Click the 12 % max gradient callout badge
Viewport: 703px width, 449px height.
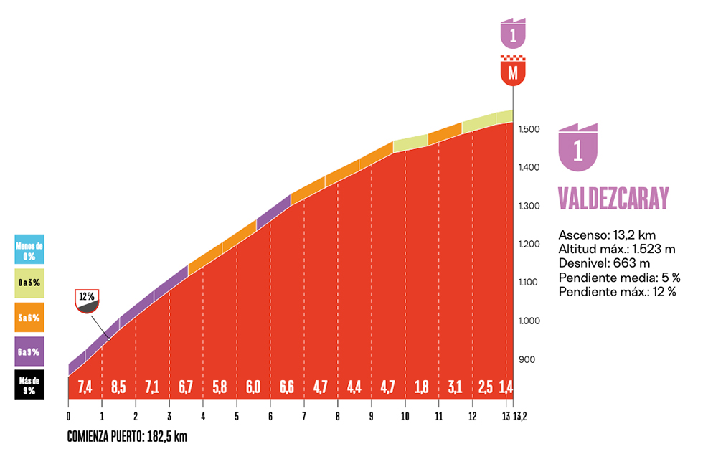(87, 301)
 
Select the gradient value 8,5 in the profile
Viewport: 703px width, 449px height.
(119, 387)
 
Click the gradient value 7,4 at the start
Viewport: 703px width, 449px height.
(85, 387)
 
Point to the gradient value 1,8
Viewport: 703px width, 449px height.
(422, 387)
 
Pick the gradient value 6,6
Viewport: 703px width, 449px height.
(287, 387)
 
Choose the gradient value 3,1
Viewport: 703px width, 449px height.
(456, 387)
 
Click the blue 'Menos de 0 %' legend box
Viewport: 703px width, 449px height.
(29, 250)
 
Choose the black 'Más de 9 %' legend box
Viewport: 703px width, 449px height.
(29, 384)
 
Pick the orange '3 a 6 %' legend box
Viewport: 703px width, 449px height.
(29, 318)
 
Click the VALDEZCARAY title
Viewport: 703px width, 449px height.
(613, 197)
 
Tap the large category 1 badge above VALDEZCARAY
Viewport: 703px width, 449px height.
(578, 148)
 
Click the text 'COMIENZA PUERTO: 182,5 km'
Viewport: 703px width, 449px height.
(127, 436)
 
